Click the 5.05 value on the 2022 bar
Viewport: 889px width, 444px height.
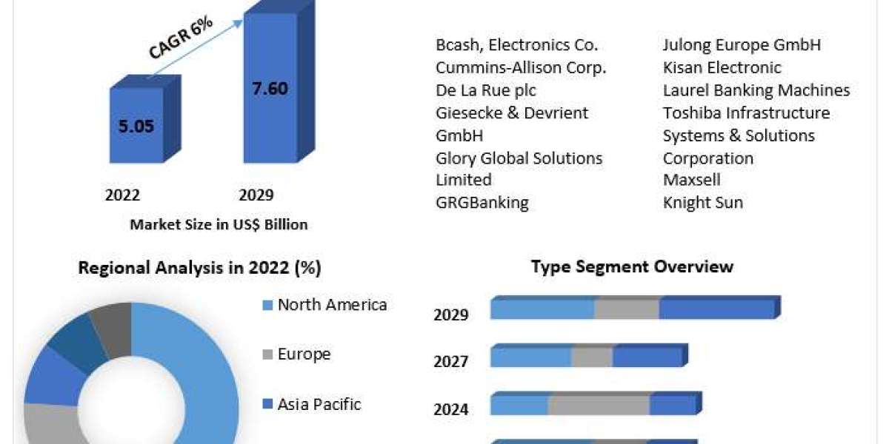(136, 126)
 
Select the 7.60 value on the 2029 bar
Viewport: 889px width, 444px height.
(270, 89)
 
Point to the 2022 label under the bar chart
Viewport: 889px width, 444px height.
(122, 195)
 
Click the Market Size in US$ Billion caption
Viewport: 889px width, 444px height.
(219, 224)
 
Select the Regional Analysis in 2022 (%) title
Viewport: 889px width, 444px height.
(199, 268)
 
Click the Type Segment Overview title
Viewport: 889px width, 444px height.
(632, 266)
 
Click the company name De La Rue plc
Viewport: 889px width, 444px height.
(486, 90)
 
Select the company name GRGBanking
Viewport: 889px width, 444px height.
(482, 203)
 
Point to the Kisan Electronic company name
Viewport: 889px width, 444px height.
(722, 67)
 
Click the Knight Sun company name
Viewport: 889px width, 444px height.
(702, 203)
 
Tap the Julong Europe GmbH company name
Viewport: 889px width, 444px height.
(742, 45)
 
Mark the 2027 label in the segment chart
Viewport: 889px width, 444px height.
(450, 362)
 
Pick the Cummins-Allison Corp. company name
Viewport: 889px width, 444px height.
(521, 67)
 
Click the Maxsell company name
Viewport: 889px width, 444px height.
(691, 180)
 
